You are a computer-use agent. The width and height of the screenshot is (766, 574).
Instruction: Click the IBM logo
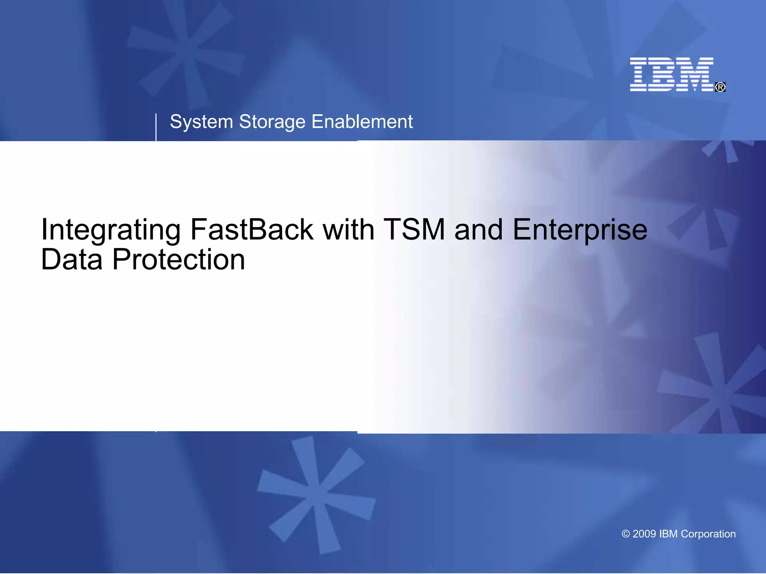(672, 74)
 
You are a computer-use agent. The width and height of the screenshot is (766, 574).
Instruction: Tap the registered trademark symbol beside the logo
(720, 87)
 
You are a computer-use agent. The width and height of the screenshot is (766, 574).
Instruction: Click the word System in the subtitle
(201, 122)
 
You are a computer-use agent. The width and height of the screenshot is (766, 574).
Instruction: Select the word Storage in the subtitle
(272, 122)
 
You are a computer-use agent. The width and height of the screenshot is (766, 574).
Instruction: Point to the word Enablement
(362, 122)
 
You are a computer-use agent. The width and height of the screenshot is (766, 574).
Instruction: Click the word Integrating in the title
(111, 230)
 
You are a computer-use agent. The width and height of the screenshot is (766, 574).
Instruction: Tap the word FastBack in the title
(251, 229)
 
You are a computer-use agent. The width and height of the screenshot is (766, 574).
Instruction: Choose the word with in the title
(348, 229)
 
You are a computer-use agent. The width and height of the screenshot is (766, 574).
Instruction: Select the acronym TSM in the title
(414, 229)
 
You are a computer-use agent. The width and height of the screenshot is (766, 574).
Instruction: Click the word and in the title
(478, 229)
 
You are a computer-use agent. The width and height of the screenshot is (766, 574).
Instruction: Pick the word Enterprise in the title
(580, 230)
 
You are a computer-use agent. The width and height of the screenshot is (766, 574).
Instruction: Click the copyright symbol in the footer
(625, 534)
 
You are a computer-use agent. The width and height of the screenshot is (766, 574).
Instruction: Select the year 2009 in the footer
(644, 534)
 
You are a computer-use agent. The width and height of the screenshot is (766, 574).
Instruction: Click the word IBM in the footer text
(668, 534)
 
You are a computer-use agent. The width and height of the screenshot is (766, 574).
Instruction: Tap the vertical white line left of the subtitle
(156, 127)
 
